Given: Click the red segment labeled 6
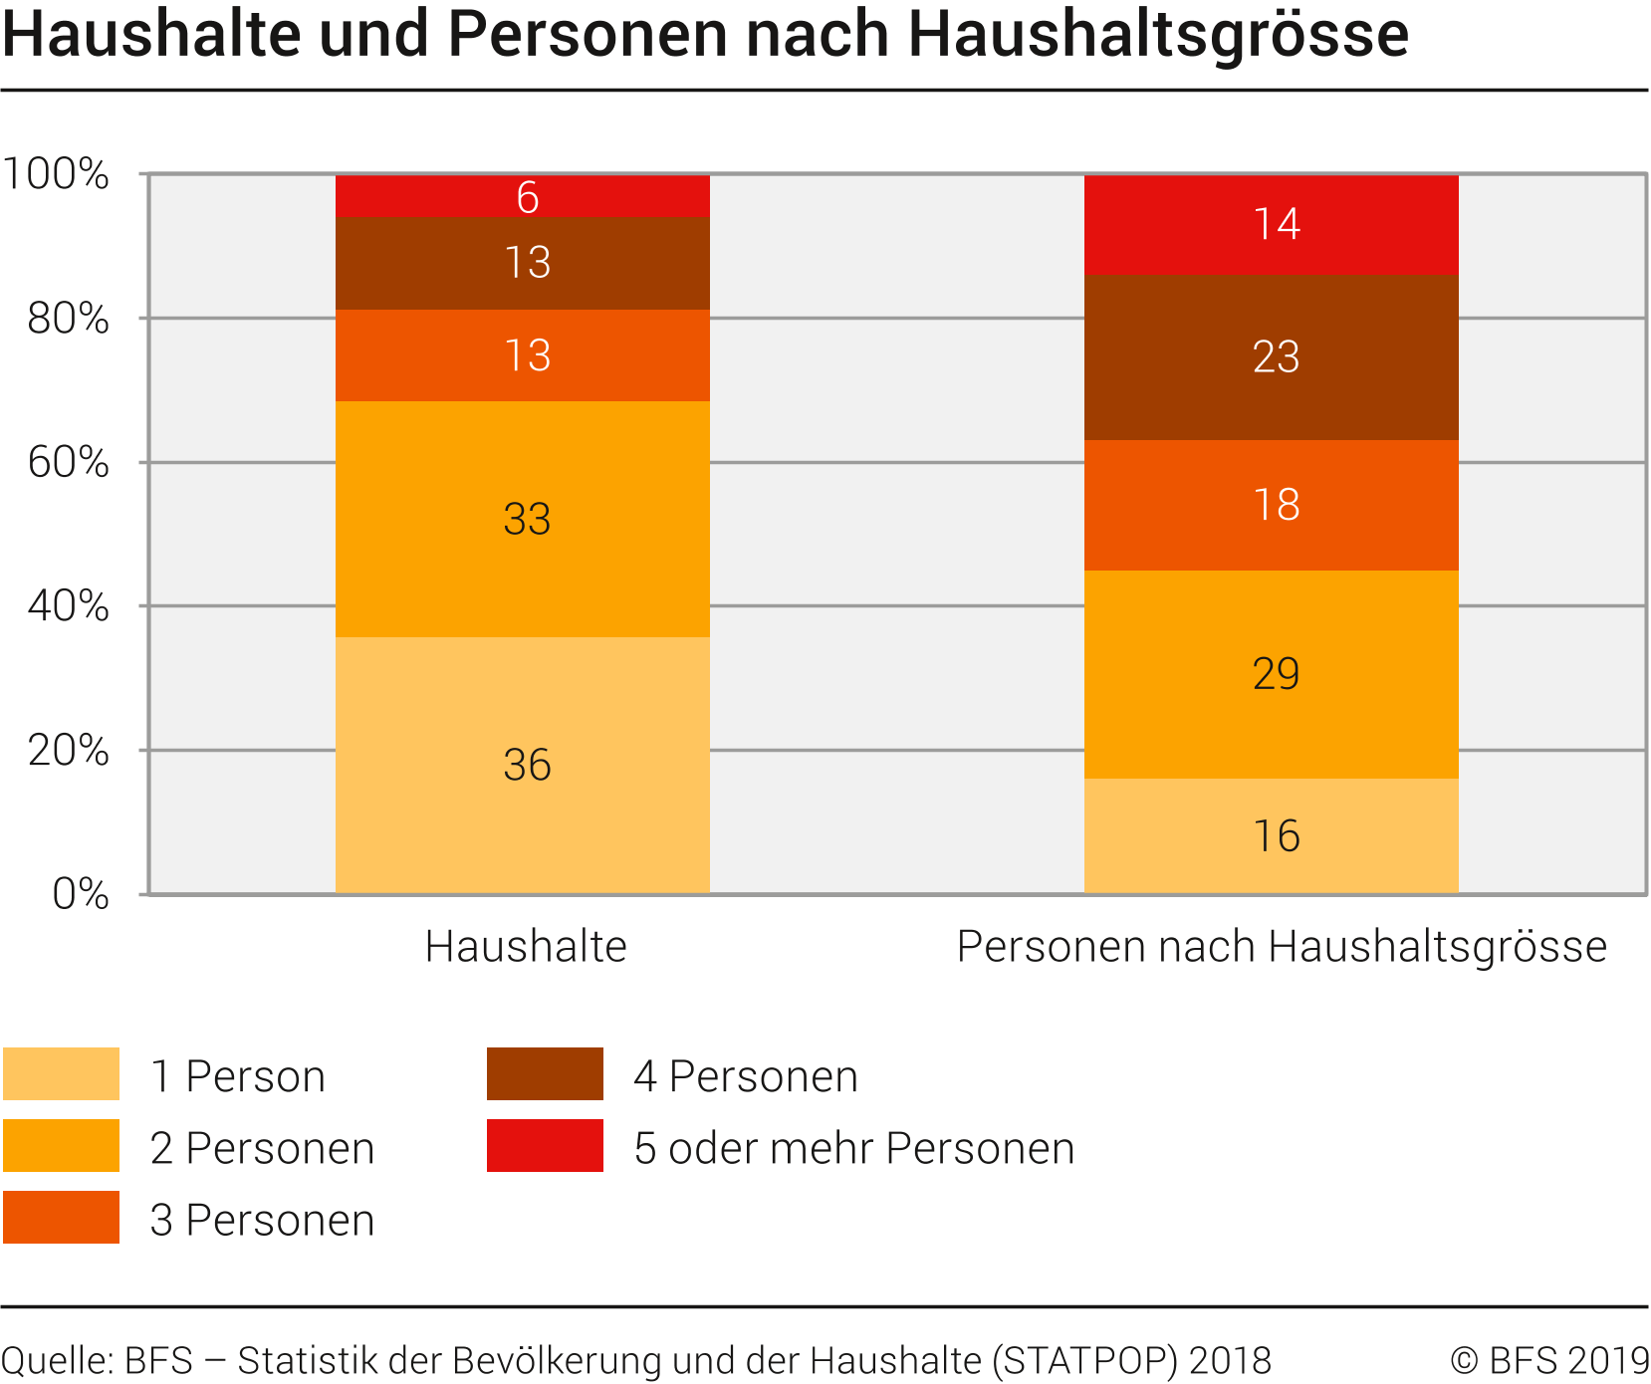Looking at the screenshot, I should point(523,196).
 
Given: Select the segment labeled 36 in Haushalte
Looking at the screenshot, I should point(523,765).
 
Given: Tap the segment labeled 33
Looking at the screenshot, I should point(523,519).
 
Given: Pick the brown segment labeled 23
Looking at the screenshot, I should point(1272,356).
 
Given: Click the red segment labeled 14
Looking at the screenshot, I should point(1272,224).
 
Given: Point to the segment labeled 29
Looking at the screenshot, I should point(1272,674).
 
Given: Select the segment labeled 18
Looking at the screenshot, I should point(1272,505).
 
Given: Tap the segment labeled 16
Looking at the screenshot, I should point(1272,835).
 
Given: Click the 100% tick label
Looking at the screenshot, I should point(56,174).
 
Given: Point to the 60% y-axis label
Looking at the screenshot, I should point(68,462).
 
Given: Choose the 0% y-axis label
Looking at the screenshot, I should point(80,894).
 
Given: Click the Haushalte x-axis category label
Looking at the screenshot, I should point(526,946).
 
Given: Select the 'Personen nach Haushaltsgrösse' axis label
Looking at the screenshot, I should point(1282,946).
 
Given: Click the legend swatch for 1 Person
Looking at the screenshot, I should point(61,1073).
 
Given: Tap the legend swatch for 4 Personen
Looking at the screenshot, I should point(545,1073).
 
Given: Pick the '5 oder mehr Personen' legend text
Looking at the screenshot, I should point(854,1148).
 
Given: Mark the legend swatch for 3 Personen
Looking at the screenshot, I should point(61,1217).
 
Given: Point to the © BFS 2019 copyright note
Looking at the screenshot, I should point(1549,1360).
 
